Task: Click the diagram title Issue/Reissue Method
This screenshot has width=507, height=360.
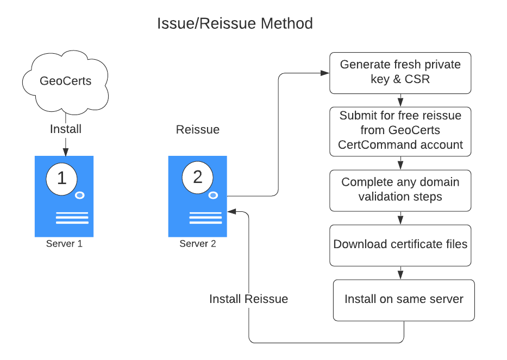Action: point(235,24)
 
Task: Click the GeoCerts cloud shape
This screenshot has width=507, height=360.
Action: point(65,81)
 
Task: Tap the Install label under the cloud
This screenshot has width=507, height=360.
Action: point(65,129)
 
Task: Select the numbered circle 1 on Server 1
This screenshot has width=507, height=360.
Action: point(61,178)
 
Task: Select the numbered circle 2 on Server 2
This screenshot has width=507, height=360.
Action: point(197,178)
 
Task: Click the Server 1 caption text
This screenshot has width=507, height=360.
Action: point(64,244)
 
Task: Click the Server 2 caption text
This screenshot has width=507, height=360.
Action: point(198,244)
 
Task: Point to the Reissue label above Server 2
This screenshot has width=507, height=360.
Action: point(198,130)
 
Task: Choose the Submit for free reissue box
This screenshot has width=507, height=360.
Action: point(400,130)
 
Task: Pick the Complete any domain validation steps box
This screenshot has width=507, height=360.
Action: point(400,190)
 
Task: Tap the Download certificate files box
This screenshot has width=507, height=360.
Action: point(400,244)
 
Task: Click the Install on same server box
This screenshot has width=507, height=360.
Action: point(403,300)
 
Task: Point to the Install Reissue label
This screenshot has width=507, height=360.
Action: point(248,299)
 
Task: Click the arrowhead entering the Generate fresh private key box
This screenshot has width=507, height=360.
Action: point(326,73)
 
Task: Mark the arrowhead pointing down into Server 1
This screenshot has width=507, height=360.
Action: point(65,152)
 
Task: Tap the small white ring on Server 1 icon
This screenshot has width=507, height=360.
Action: point(79,195)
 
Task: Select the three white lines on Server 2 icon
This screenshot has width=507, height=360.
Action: point(205,218)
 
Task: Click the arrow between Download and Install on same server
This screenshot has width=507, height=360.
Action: point(400,273)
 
